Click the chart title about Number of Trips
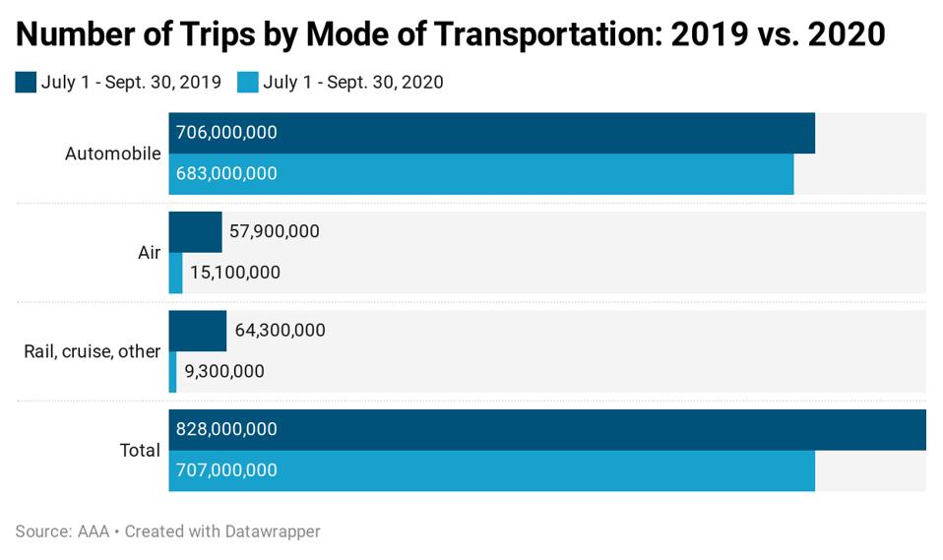(x=450, y=34)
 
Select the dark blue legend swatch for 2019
(x=26, y=82)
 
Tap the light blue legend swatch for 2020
(x=248, y=82)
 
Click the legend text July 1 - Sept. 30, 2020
(x=352, y=82)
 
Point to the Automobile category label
(x=112, y=154)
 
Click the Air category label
(x=149, y=253)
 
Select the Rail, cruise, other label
(x=92, y=351)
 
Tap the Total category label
(x=140, y=450)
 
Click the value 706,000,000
(x=226, y=133)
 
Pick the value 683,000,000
(x=226, y=173)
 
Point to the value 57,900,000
(x=274, y=231)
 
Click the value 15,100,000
(x=234, y=273)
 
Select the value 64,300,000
(x=280, y=331)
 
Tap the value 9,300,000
(x=224, y=371)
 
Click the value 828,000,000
(x=226, y=429)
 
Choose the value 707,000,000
(x=226, y=470)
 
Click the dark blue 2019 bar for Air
(x=195, y=231)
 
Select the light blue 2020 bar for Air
(x=175, y=273)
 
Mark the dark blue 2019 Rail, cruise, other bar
(x=198, y=331)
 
